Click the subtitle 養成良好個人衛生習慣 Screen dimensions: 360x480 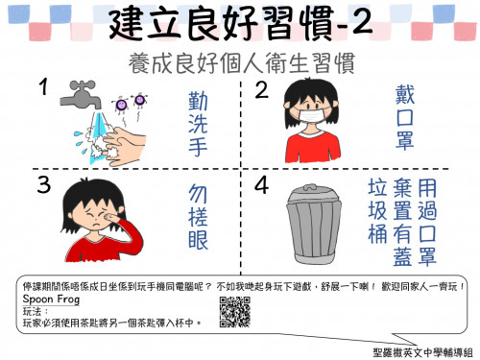click(240, 64)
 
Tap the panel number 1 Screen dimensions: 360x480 click(43, 88)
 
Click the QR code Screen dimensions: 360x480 click(233, 308)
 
